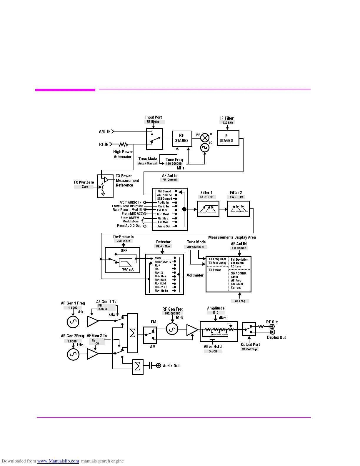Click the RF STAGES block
point(182,138)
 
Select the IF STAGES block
point(227,138)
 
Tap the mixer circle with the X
point(205,137)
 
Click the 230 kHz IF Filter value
point(227,123)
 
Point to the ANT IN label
point(105,132)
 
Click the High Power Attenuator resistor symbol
point(123,144)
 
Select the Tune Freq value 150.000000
point(174,164)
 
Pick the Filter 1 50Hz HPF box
point(208,209)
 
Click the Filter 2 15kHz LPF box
point(238,209)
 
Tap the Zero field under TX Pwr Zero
point(85,187)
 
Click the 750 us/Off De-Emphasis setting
point(124,241)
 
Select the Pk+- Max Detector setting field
point(163,247)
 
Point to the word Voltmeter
point(195,275)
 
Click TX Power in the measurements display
point(215,270)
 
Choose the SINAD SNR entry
point(239,273)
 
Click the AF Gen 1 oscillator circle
point(73,322)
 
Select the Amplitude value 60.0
point(216,313)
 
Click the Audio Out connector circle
point(159,366)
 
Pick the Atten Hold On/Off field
point(213,351)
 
